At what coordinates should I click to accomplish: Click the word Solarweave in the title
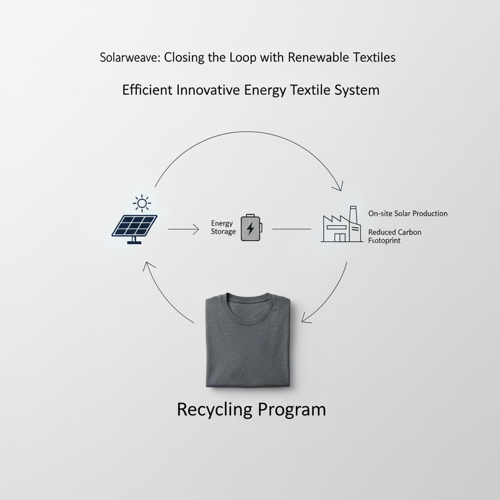point(129,58)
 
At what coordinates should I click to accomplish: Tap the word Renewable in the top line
point(317,58)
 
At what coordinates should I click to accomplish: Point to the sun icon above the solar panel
point(142,203)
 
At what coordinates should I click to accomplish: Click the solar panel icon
point(135,226)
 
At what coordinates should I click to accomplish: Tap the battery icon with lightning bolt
point(250,228)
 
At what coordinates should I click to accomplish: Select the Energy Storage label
point(223,228)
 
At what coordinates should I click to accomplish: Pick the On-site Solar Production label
point(408,214)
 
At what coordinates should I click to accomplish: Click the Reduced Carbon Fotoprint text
point(395,236)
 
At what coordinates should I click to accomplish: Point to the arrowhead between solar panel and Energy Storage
point(196,229)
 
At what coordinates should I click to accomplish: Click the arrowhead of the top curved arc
point(338,186)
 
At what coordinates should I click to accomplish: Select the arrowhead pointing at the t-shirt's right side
point(306,318)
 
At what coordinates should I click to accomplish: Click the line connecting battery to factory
point(292,229)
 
